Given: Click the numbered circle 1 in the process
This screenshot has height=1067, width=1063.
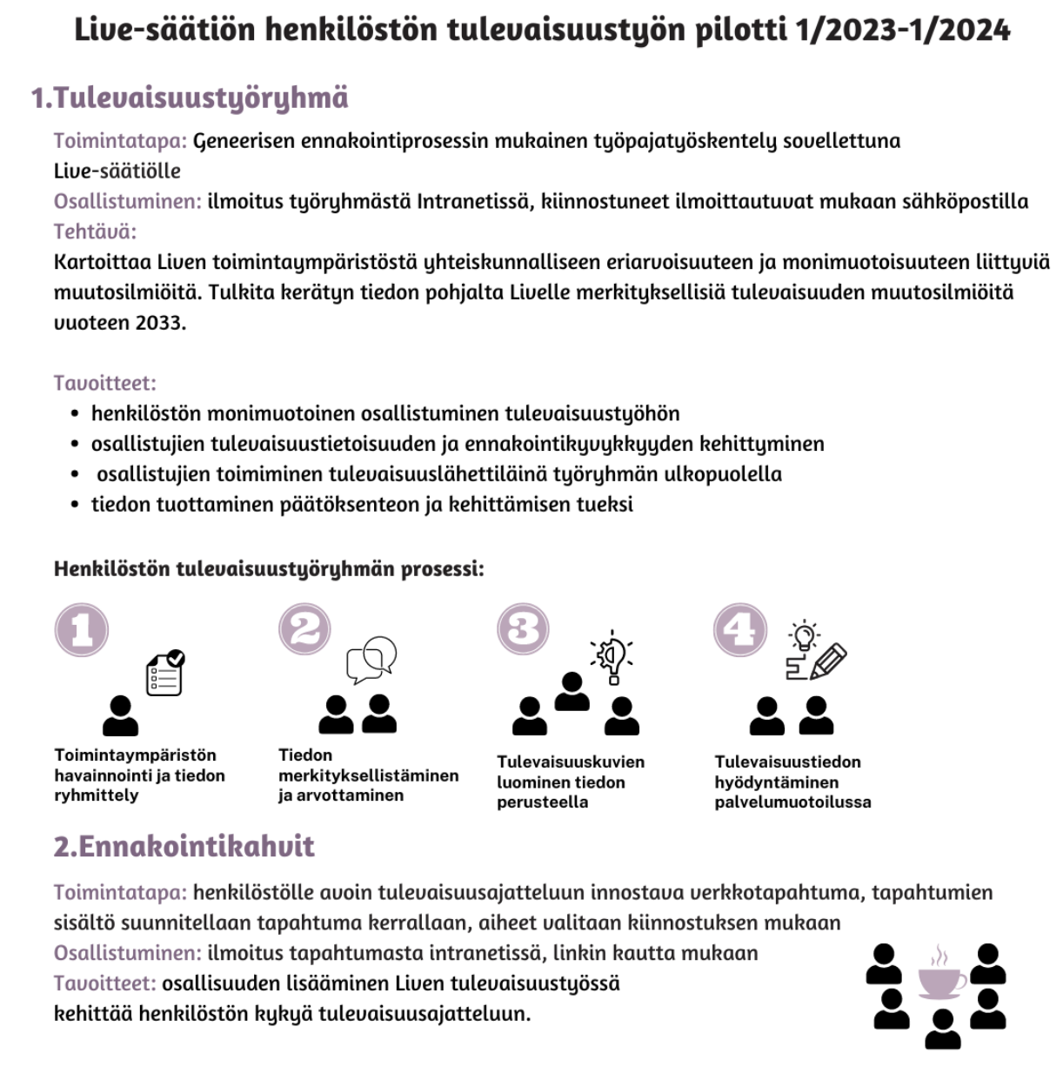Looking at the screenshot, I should click(x=82, y=629).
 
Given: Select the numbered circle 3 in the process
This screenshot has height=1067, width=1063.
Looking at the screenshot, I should click(x=524, y=629).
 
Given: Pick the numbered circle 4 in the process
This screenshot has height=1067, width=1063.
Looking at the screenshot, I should click(x=740, y=629).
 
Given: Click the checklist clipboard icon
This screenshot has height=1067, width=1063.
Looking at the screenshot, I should click(x=165, y=674).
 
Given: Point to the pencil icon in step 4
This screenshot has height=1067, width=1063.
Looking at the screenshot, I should click(x=828, y=661).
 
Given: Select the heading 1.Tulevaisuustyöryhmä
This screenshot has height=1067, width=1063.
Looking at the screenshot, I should click(x=190, y=97).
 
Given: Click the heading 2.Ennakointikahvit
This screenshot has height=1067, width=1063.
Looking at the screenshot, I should click(x=184, y=846).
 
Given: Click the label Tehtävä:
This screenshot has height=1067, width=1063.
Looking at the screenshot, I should click(x=95, y=232).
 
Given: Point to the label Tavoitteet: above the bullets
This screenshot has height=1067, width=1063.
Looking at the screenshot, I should click(x=105, y=383).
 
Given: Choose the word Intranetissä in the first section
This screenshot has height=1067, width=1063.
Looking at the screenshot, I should click(x=471, y=202).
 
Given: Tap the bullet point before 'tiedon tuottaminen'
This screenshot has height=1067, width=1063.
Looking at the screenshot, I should click(x=76, y=505).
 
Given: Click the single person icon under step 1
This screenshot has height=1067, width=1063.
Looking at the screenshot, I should click(x=120, y=716).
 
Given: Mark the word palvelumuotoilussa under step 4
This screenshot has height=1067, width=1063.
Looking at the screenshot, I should click(x=792, y=802).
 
